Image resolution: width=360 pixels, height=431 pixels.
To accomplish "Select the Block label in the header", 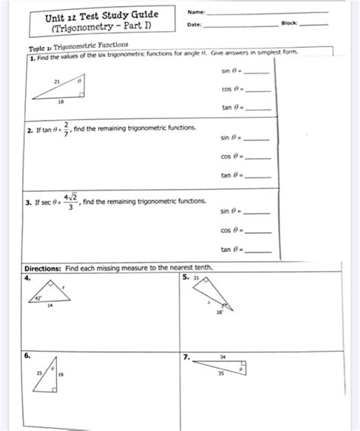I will (x=290, y=25).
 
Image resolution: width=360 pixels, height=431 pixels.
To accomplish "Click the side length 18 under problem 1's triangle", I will (x=61, y=101).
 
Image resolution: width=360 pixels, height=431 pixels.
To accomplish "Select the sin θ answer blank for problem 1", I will (x=259, y=72).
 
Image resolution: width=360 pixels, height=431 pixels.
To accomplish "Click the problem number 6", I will (x=27, y=354).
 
